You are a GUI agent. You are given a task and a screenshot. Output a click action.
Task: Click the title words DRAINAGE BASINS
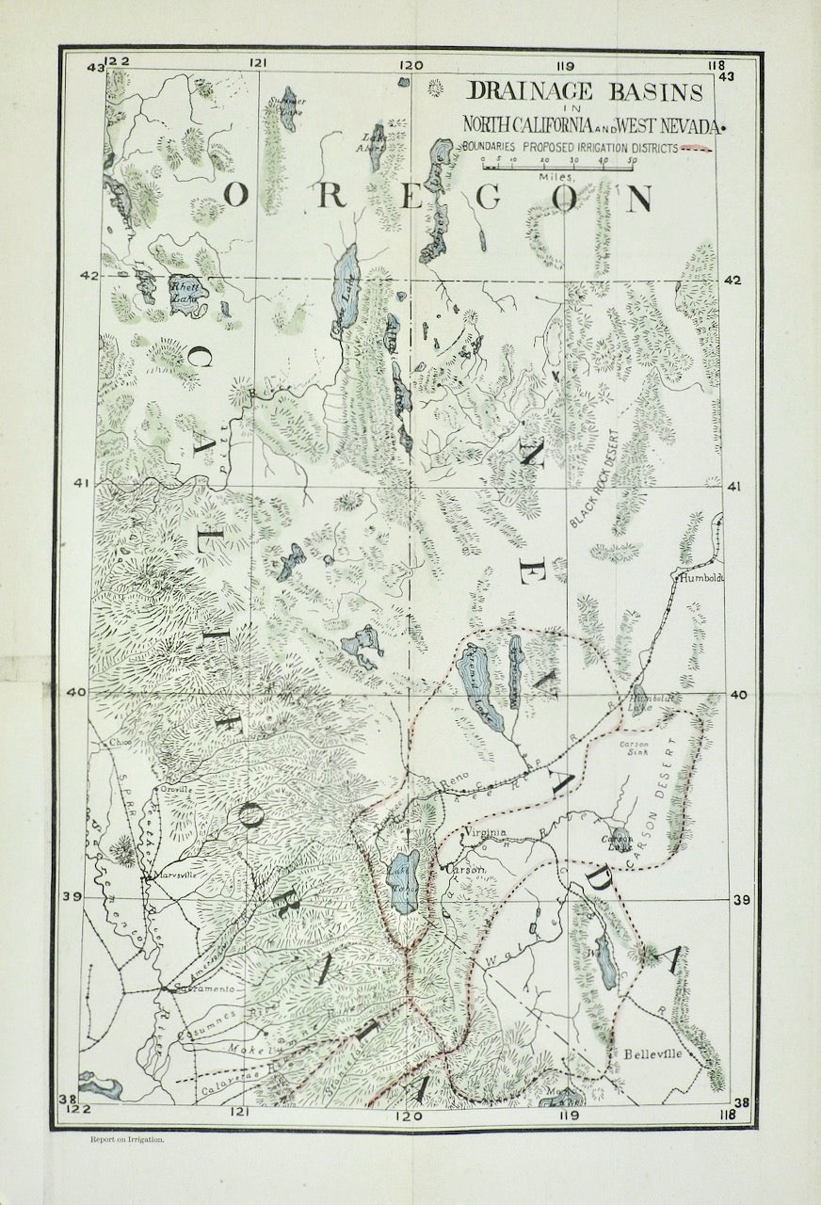[x=586, y=92]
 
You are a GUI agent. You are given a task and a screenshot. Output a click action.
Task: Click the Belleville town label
[x=652, y=1054]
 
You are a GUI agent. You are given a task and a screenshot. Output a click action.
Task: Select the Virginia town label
[x=486, y=832]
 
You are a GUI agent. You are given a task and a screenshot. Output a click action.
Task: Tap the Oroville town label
[x=175, y=789]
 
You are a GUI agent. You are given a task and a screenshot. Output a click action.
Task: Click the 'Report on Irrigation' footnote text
[x=127, y=1138]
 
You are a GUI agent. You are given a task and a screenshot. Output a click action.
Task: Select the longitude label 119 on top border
[x=565, y=65]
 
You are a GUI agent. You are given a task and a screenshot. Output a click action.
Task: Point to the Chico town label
[x=121, y=742]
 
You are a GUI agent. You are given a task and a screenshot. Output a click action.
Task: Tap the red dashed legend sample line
[x=698, y=148]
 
